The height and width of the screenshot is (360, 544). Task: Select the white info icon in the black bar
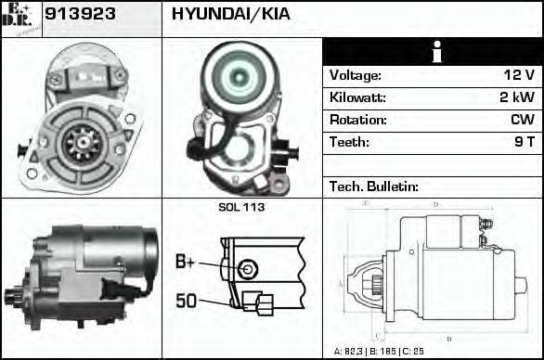click(434, 52)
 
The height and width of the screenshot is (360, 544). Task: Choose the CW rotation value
click(522, 120)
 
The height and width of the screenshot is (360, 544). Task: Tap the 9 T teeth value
click(524, 142)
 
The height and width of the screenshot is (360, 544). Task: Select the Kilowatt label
click(357, 97)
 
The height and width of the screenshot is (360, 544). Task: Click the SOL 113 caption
click(241, 207)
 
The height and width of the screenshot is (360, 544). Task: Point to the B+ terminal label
click(186, 263)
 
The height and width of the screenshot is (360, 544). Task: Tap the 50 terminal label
click(186, 300)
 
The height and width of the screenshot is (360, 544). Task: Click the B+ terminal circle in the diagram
click(245, 269)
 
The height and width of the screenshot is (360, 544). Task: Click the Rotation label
click(357, 120)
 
